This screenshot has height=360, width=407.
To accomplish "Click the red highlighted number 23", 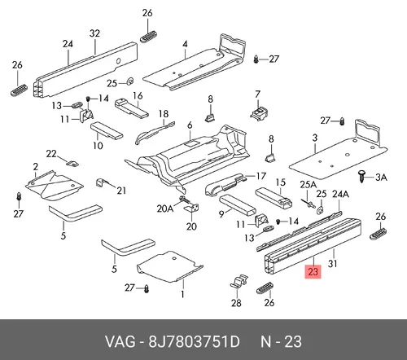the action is (x=313, y=271).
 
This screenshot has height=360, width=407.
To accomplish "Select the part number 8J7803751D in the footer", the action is (x=194, y=341).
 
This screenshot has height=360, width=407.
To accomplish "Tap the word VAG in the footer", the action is (x=120, y=341).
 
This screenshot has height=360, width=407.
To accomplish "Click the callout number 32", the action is (x=94, y=33).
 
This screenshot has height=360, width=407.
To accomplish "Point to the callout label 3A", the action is (x=381, y=178).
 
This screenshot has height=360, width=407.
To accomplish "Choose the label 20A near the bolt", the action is (x=165, y=209).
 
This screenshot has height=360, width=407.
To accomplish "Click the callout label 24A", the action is (x=340, y=194).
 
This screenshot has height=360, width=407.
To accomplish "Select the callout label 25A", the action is (x=309, y=185).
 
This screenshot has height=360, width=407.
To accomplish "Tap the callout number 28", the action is (x=236, y=303).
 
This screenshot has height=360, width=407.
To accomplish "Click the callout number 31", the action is (x=333, y=263).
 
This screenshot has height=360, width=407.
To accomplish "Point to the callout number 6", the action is (x=190, y=125).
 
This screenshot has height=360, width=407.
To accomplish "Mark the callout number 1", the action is (x=182, y=294).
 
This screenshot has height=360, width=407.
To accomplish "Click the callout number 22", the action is (x=51, y=154).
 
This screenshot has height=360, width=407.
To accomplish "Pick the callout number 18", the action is (x=164, y=114).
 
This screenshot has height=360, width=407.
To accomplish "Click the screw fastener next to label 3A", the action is (x=361, y=176).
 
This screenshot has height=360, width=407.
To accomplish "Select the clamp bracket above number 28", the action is (x=239, y=281).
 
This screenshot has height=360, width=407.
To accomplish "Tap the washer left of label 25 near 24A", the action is (x=321, y=209).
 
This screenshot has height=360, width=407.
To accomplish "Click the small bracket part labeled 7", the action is (x=259, y=113).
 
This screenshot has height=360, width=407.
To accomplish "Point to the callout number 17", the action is (x=261, y=176).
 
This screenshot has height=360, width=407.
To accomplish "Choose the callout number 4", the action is (x=185, y=44).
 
